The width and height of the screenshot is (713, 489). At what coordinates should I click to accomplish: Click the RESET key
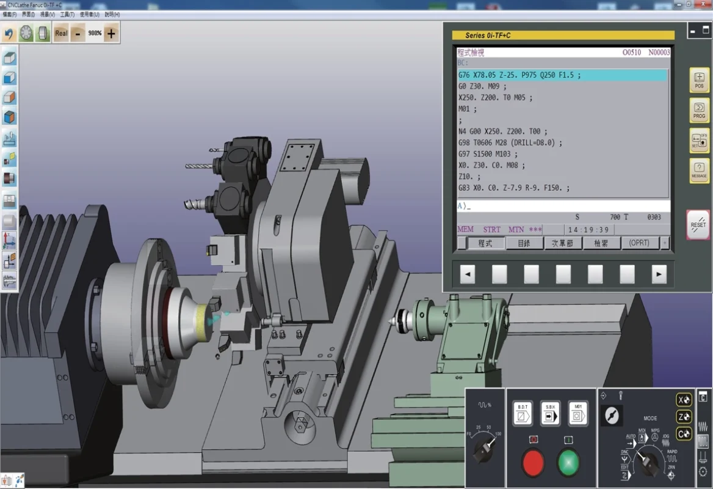click(x=698, y=224)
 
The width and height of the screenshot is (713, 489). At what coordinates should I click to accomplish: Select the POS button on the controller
click(x=699, y=80)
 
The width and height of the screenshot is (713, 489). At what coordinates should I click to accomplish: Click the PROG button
click(x=699, y=110)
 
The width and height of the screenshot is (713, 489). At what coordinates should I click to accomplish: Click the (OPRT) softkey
click(x=639, y=243)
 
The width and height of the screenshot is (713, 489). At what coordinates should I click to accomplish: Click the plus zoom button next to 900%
click(x=110, y=34)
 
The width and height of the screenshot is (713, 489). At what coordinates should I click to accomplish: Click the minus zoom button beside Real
click(x=78, y=34)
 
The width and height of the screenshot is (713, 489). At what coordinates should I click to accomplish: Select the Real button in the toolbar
click(x=61, y=34)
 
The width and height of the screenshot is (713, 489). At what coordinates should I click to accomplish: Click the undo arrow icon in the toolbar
click(x=9, y=34)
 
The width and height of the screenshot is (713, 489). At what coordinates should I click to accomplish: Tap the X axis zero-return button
click(x=684, y=400)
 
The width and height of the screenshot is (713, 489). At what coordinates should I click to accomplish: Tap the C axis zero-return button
click(x=684, y=433)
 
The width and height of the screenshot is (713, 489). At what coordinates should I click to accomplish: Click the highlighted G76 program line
click(x=562, y=75)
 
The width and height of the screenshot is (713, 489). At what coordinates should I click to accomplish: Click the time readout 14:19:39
click(x=588, y=230)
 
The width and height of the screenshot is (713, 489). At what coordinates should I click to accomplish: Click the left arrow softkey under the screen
click(x=468, y=274)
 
